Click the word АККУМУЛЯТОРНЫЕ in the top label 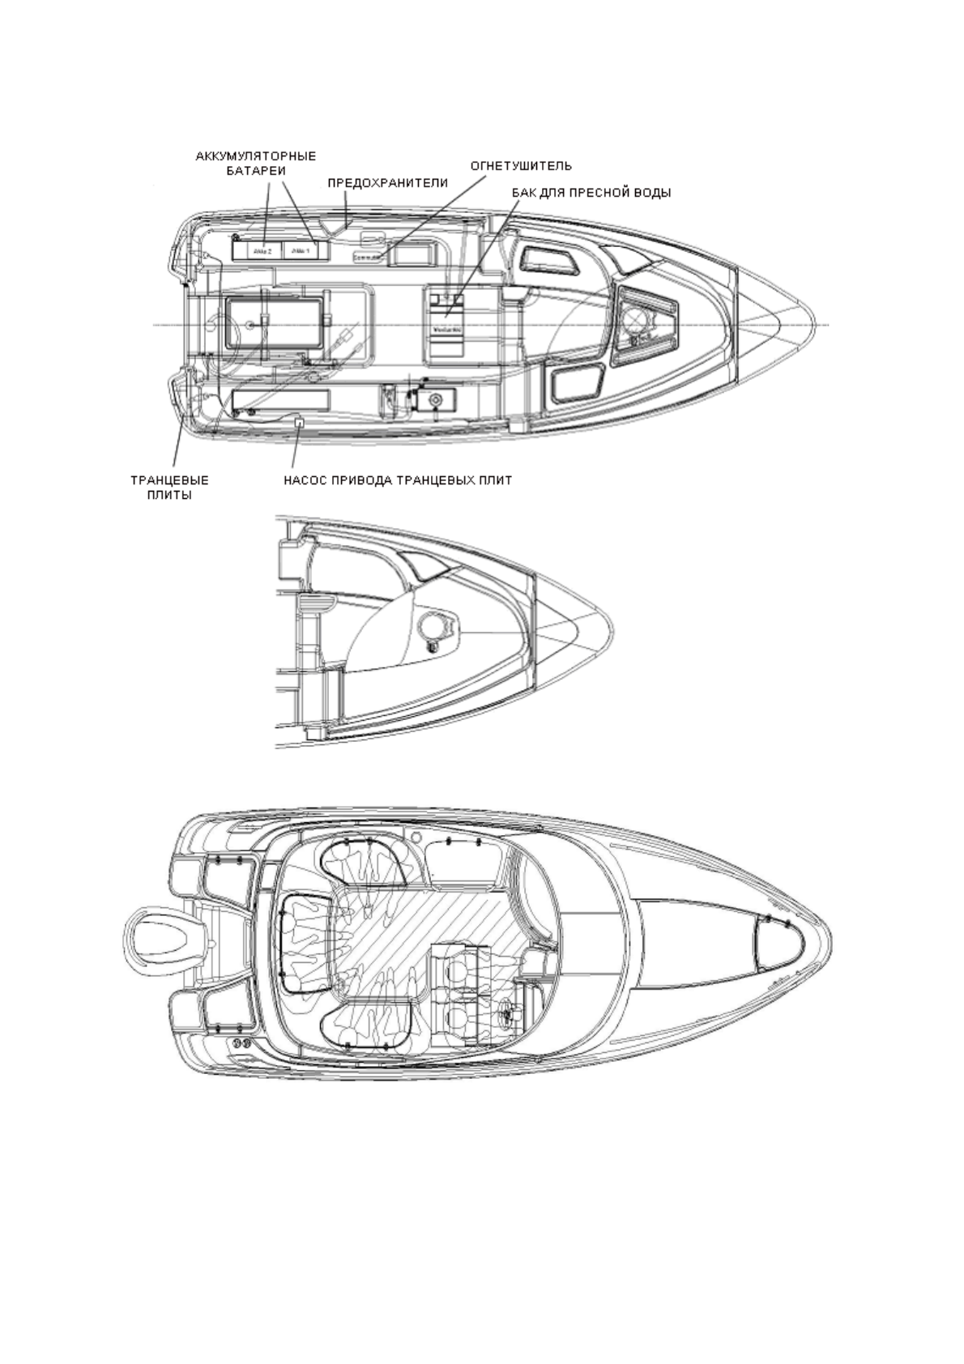tap(256, 156)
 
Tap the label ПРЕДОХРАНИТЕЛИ tap(387, 183)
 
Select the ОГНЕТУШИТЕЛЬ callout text tap(521, 166)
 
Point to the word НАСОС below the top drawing tap(305, 480)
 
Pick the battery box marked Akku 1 tap(301, 251)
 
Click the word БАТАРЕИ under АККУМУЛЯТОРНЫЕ tap(256, 171)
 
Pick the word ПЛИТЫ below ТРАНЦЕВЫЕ tap(174, 495)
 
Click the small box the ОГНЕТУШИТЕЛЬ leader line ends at tap(368, 257)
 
